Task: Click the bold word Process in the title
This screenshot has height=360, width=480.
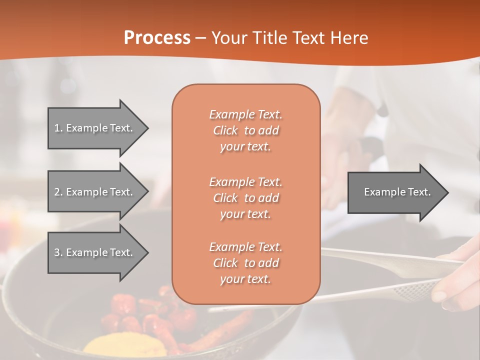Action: [157, 38]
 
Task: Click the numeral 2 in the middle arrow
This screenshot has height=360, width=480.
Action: [57, 192]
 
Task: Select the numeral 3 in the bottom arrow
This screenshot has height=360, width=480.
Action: [57, 252]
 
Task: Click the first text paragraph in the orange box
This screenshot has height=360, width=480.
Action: [245, 130]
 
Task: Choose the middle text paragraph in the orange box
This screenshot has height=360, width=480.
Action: [245, 197]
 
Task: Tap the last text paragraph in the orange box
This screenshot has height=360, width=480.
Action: [245, 263]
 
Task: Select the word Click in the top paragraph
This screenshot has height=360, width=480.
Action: [225, 130]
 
